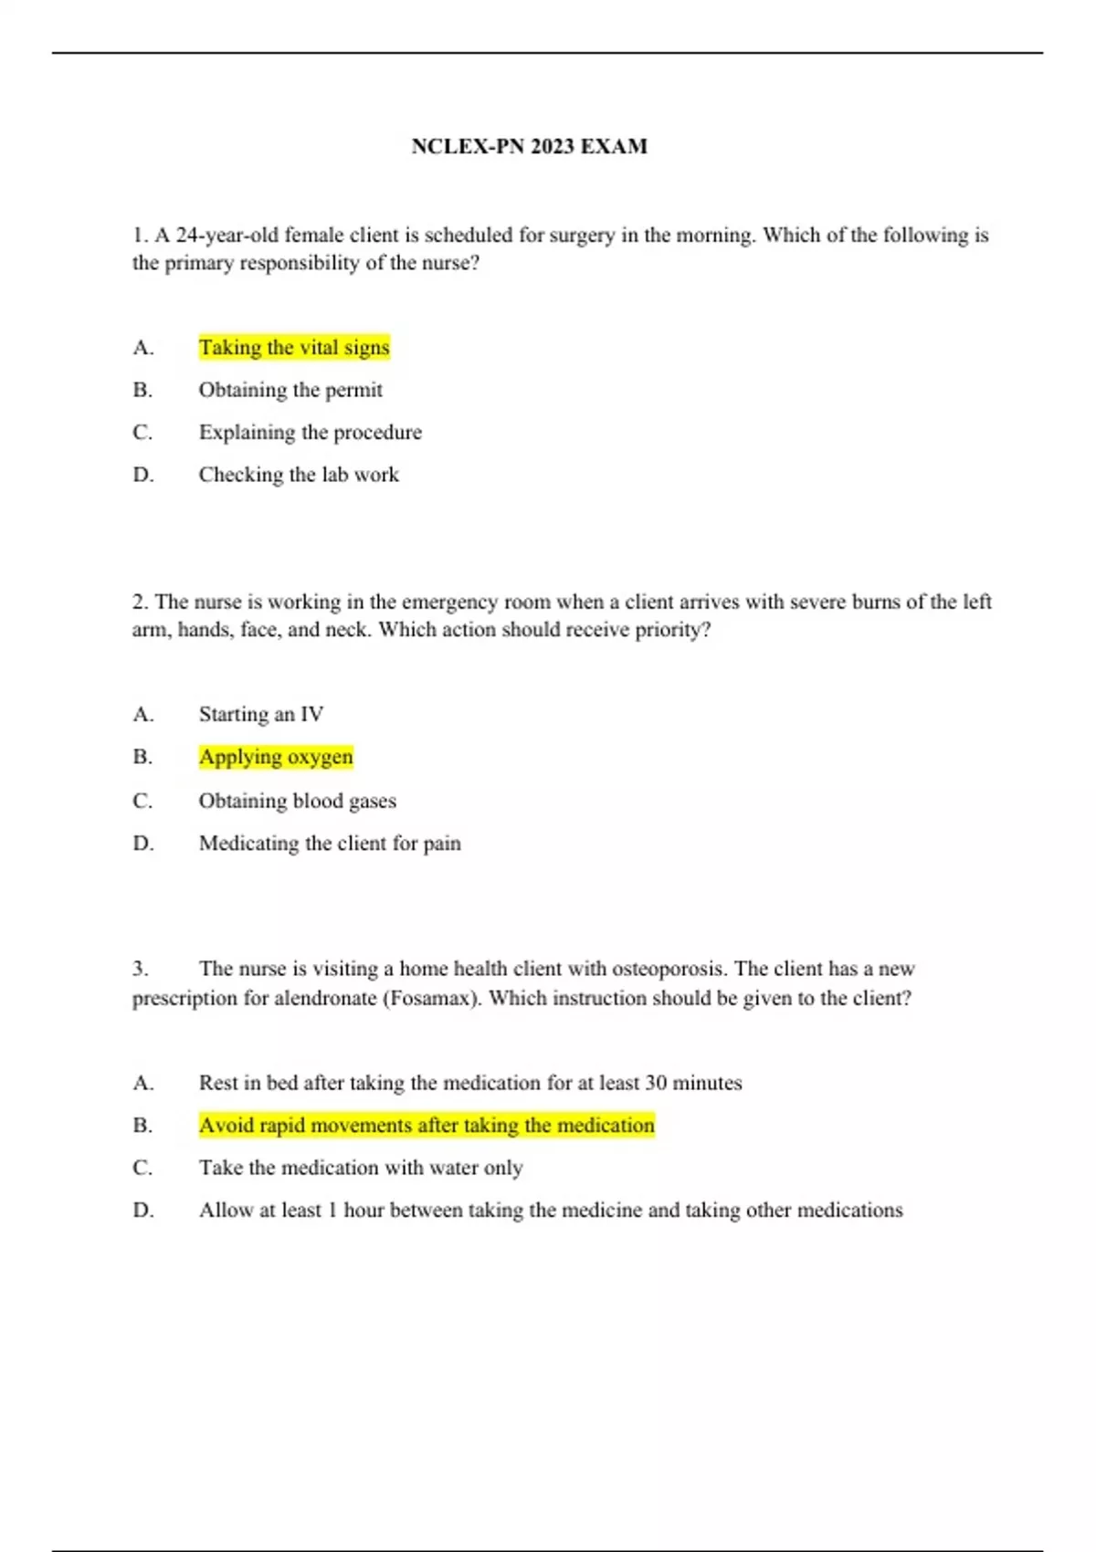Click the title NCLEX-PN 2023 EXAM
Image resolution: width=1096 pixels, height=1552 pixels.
[529, 146]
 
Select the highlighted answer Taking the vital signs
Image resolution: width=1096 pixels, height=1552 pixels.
[294, 347]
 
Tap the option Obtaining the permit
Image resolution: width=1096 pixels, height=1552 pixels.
[290, 390]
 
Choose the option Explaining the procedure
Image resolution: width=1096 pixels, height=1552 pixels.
[311, 432]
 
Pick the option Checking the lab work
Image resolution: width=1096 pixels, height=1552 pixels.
[299, 475]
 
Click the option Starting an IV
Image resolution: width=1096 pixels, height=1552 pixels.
[261, 714]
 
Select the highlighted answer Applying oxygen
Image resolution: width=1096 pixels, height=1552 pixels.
[276, 757]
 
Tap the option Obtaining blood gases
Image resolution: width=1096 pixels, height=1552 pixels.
[298, 801]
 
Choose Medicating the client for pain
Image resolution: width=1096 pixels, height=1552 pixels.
[330, 843]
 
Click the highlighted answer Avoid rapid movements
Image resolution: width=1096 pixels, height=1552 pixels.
[427, 1125]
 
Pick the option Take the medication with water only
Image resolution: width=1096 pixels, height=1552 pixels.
[361, 1168]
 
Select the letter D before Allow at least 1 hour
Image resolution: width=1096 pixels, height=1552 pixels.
[142, 1211]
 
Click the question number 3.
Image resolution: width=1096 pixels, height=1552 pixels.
[140, 969]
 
